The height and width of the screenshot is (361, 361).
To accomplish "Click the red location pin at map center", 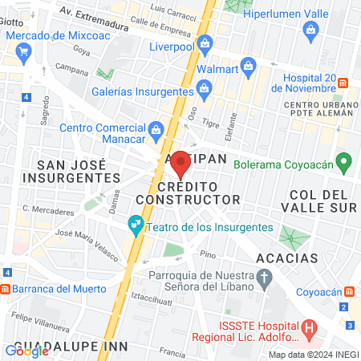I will tap(181, 163).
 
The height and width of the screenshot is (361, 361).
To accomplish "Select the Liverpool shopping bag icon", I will tap(204, 43).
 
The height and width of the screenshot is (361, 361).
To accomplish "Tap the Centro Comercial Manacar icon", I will tap(156, 128).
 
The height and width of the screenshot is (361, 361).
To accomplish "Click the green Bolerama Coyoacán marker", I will tap(344, 164).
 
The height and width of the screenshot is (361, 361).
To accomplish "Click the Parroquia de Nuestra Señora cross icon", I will tap(267, 278).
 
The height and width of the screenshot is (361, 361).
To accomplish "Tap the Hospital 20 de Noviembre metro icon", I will tap(343, 83).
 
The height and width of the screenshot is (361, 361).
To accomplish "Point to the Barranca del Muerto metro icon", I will tap(5, 290).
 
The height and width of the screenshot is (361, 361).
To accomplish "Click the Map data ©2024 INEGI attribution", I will tap(313, 355).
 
